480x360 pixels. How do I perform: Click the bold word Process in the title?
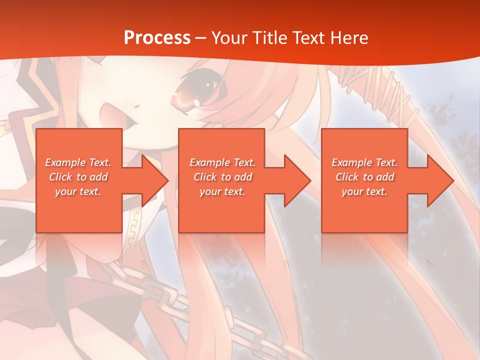[x=157, y=38]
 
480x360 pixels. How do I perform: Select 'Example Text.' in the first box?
[x=78, y=162]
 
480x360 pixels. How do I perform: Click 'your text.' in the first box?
[x=78, y=191]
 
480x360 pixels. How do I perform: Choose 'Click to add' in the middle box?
[x=222, y=177]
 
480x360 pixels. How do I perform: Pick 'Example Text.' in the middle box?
[x=222, y=162]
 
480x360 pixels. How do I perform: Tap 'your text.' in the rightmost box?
[x=364, y=191]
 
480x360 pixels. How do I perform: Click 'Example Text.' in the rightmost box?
[x=364, y=162]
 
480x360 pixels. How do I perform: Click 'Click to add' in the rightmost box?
[x=364, y=177]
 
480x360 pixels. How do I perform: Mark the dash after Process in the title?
[x=201, y=38]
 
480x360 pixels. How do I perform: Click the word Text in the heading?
[x=305, y=38]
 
